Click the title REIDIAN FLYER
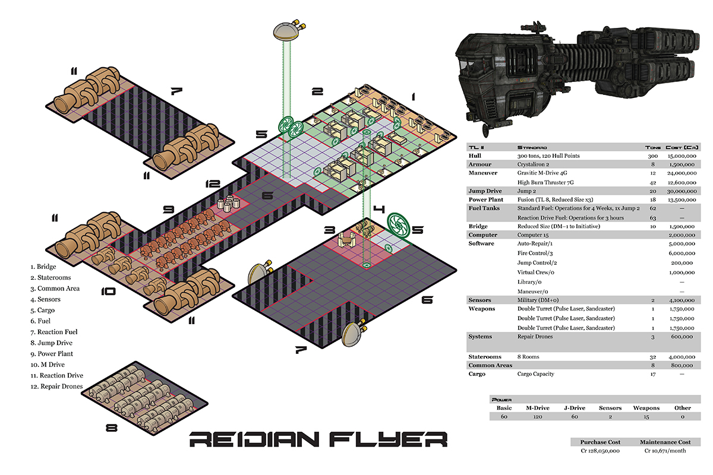pos(318,440)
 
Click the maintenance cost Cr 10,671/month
pos(664,451)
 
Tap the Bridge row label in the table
pos(478,226)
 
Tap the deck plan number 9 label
pos(169,209)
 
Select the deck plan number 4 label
pos(379,210)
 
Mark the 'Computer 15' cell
pos(534,235)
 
